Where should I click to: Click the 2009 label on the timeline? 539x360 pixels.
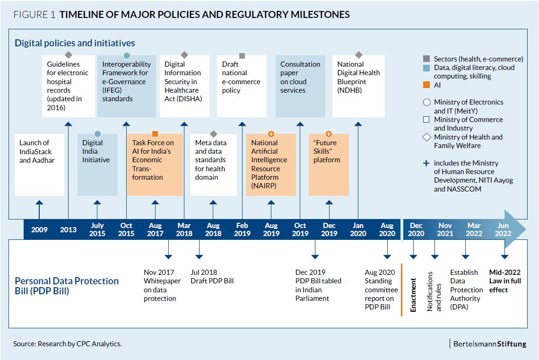point(39,229)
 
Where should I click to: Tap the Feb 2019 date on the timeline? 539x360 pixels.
point(242,229)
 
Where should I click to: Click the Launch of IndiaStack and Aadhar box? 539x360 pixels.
point(39,165)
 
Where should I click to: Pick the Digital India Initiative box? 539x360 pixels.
point(97,165)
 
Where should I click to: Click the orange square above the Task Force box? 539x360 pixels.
point(155,134)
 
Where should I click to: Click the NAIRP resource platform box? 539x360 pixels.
point(271,165)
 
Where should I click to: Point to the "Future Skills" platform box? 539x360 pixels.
point(329,165)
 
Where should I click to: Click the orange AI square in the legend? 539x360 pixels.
point(426,86)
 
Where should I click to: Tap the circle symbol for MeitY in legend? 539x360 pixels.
point(426,102)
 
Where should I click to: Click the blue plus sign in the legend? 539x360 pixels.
point(426,163)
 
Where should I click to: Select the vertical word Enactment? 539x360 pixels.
point(413,295)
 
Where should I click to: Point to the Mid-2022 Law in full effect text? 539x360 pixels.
point(504,281)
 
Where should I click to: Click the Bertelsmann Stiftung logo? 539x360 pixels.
point(489,344)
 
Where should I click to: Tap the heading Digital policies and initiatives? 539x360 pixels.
point(75,43)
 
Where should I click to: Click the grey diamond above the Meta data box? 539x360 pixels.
point(213,134)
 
